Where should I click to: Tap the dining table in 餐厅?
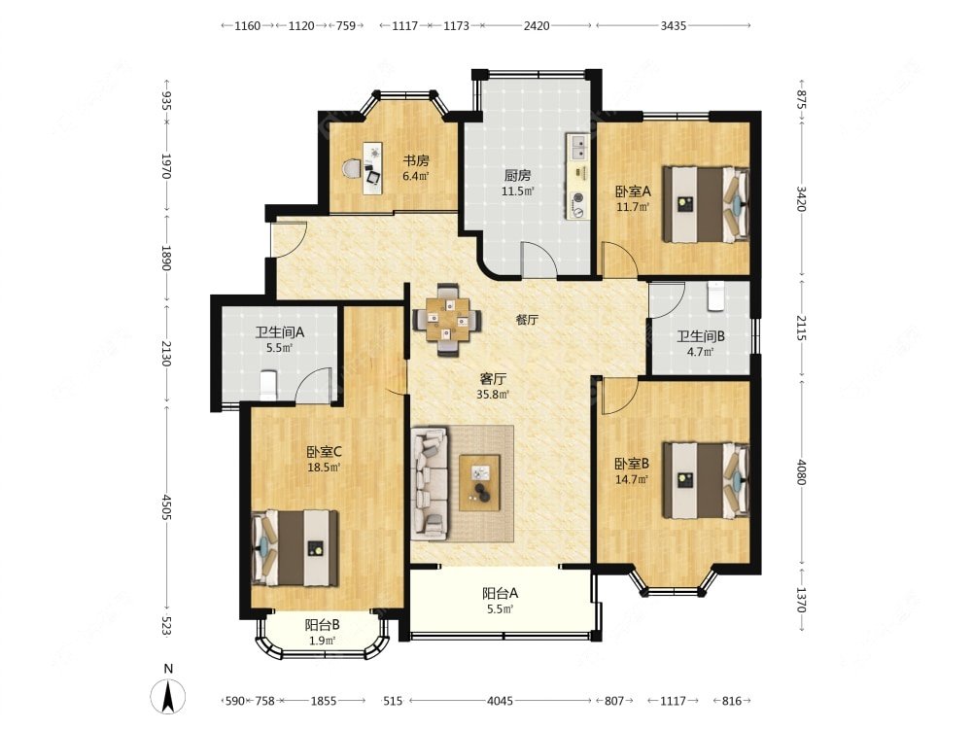(x=447, y=319)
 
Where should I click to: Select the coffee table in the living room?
(x=479, y=483)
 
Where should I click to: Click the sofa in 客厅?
(x=429, y=483)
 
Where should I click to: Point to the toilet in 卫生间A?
(x=268, y=385)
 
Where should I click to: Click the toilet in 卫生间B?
(x=716, y=296)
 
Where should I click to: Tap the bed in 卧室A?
(x=705, y=203)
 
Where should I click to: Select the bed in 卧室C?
(x=295, y=548)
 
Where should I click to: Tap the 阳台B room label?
(x=322, y=625)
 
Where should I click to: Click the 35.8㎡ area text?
(x=493, y=395)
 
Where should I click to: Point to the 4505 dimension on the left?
(x=166, y=507)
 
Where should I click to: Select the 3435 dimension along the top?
(x=674, y=25)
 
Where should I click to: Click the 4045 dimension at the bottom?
(x=500, y=701)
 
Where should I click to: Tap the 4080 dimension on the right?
(x=801, y=472)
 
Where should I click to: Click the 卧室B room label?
(x=632, y=464)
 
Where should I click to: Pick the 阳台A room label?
(x=500, y=593)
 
